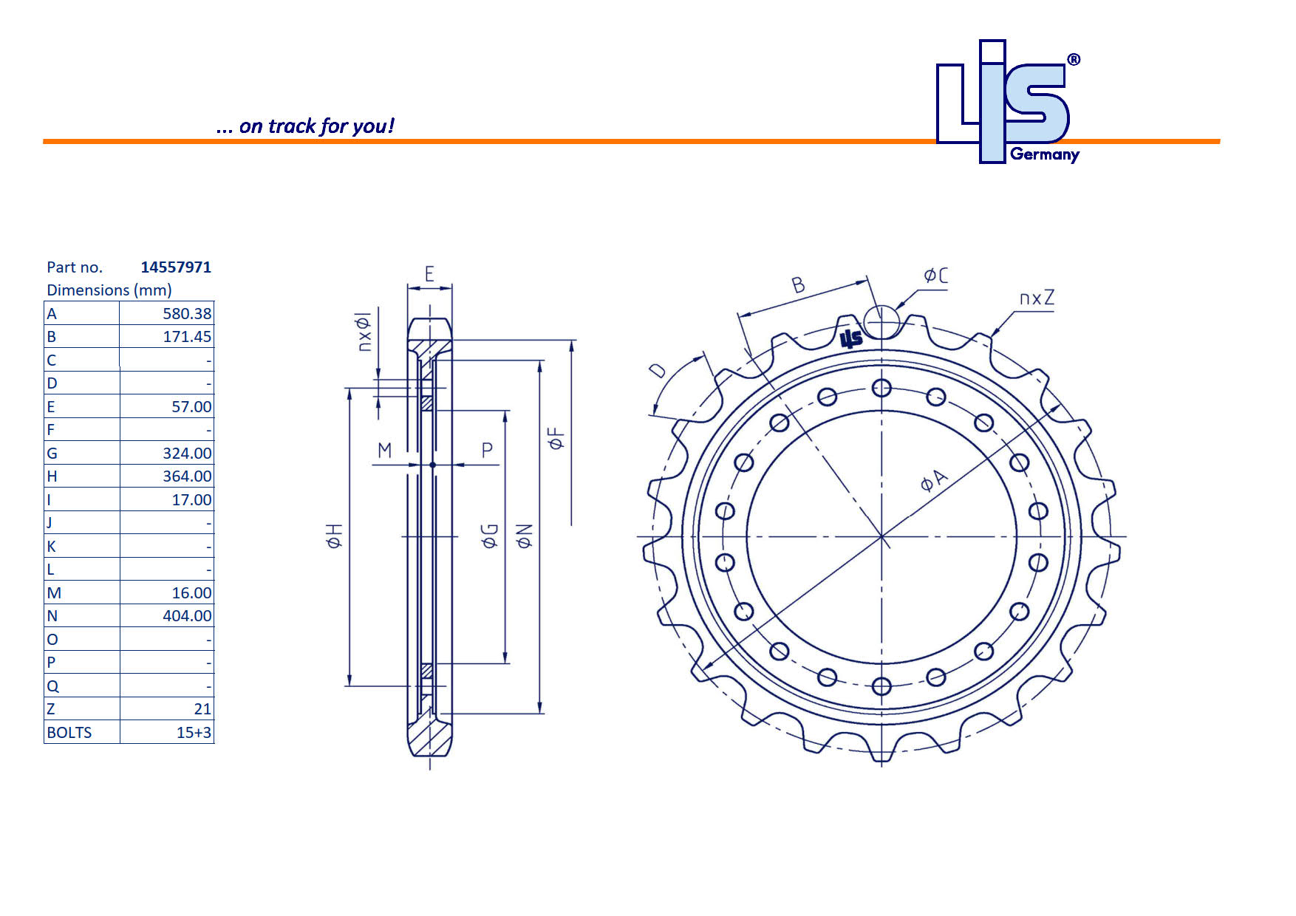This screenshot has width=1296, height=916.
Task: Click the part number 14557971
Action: [x=176, y=267]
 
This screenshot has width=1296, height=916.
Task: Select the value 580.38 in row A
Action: [x=186, y=313]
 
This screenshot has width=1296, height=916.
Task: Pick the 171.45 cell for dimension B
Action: [x=186, y=337]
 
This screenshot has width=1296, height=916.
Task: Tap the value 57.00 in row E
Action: [x=191, y=407]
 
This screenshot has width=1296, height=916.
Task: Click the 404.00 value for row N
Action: [x=186, y=616]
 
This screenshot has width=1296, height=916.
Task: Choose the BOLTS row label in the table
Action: [x=69, y=733]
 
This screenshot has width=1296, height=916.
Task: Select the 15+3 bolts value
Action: [x=194, y=733]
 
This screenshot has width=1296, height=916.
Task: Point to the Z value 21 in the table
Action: [x=202, y=709]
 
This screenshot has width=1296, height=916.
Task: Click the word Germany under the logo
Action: [x=1045, y=154]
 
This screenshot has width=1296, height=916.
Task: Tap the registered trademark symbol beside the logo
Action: [x=1074, y=60]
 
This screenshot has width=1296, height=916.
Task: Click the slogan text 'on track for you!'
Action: [x=316, y=126]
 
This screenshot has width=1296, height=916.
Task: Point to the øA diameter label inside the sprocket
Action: [x=933, y=480]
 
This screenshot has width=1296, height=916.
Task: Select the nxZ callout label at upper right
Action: [x=1037, y=298]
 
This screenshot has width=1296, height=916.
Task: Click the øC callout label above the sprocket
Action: [x=935, y=276]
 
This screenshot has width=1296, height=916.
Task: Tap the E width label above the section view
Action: [x=429, y=275]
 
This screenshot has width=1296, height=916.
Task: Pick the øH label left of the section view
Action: [x=334, y=536]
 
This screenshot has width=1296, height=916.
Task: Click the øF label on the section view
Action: [x=556, y=438]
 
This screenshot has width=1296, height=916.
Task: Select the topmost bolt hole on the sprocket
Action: [x=881, y=388]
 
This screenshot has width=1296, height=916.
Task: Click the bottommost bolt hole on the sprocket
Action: [x=881, y=686]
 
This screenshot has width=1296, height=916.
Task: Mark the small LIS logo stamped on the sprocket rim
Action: [x=851, y=338]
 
